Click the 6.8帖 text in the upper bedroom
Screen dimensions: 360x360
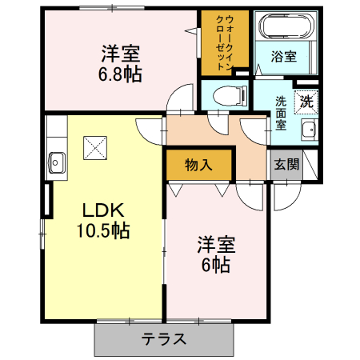coord(121,74)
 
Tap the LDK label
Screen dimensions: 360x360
coord(102,210)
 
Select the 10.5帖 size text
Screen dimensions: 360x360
coord(102,231)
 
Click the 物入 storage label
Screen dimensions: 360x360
coord(199,166)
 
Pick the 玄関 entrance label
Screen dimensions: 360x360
coord(286,165)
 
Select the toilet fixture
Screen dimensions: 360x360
coord(227,94)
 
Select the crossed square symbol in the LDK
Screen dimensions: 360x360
coord(95,148)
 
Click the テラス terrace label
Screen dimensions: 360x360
coord(165,338)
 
